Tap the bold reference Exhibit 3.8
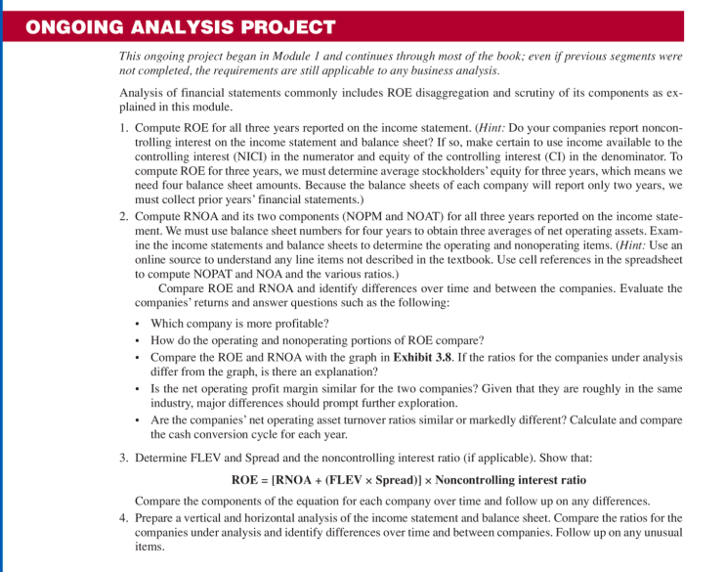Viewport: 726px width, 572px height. (423, 357)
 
